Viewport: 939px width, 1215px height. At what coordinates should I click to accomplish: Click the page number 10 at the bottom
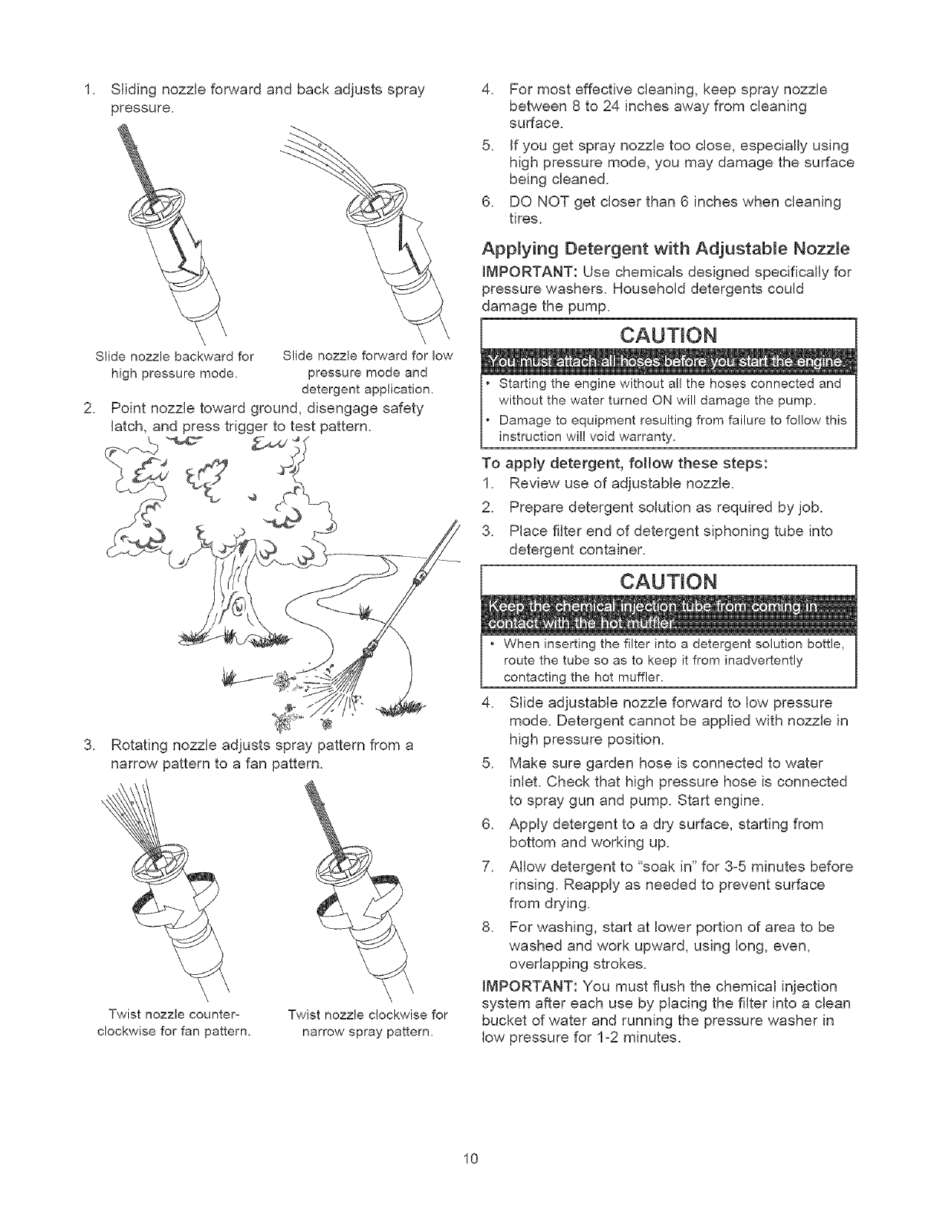pos(470,1157)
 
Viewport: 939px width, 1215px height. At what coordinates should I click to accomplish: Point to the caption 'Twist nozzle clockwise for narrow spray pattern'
pos(367,1023)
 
